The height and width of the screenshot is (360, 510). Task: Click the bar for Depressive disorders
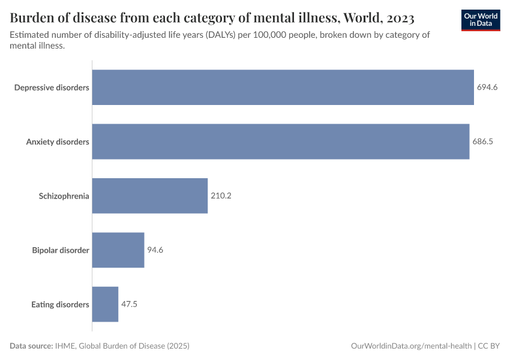tap(283, 88)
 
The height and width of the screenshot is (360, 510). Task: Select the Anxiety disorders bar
tap(280, 142)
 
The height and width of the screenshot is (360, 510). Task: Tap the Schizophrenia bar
tap(149, 196)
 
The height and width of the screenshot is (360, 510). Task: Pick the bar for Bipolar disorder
tap(118, 250)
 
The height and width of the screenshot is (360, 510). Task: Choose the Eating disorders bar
tap(105, 304)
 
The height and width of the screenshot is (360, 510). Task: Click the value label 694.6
tap(487, 88)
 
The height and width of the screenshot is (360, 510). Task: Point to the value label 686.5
tap(482, 142)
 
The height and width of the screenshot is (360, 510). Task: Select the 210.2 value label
tap(221, 196)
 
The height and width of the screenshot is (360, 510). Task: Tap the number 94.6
tap(155, 250)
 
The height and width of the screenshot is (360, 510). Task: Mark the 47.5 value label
tap(130, 304)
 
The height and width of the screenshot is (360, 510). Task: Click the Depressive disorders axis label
tap(52, 88)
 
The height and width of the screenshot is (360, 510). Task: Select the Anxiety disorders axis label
tap(58, 142)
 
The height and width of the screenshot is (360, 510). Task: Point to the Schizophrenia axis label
tap(64, 196)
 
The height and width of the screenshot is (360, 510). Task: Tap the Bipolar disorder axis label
tap(61, 250)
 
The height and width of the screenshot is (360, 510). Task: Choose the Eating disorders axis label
tap(60, 304)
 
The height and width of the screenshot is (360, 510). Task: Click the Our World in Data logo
tap(481, 19)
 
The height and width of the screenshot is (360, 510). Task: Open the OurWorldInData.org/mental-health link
tap(411, 346)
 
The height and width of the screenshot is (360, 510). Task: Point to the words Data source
tap(31, 346)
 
